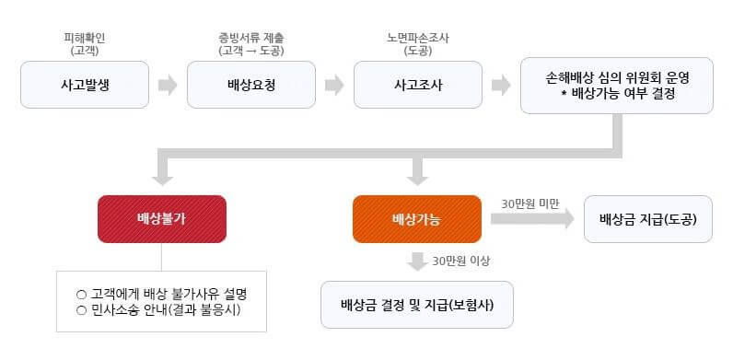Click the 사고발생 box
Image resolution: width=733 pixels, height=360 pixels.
(x=84, y=86)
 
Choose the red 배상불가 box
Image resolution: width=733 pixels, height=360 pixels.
(x=161, y=220)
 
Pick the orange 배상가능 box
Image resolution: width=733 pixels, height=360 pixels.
(x=416, y=220)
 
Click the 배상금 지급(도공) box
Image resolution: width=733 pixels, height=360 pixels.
(x=647, y=220)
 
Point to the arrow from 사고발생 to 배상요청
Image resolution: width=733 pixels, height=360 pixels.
(x=168, y=86)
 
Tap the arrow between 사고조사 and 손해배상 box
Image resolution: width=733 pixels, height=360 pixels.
(x=501, y=86)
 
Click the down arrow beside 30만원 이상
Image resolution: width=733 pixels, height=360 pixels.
(x=417, y=261)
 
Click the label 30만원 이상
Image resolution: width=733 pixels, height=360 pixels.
(x=460, y=261)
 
